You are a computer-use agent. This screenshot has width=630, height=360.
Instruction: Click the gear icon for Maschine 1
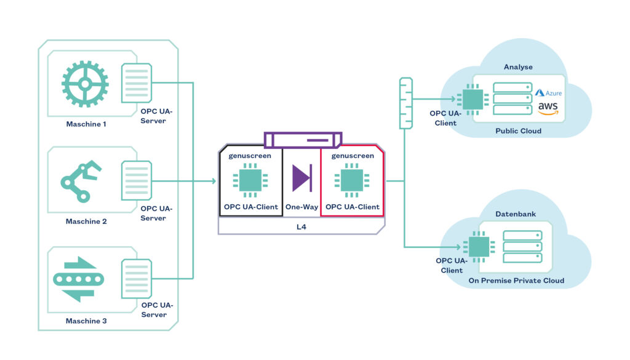[85, 84]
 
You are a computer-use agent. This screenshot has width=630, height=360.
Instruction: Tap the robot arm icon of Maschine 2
[79, 180]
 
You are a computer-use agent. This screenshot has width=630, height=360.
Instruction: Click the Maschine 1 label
[86, 124]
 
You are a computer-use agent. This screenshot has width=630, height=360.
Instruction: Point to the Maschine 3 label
[86, 321]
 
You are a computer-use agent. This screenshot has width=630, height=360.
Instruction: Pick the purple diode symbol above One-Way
[301, 178]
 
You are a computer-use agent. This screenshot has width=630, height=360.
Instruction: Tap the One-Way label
[301, 207]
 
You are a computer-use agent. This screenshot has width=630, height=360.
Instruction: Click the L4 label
[301, 228]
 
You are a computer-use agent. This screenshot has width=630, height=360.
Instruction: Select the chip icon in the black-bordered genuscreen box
[249, 181]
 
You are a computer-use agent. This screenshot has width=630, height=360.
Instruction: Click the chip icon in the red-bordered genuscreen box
[352, 181]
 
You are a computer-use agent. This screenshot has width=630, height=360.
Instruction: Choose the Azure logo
[548, 93]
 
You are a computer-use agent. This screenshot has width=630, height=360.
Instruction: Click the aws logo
[548, 108]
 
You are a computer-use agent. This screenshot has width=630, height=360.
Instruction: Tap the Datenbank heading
[516, 214]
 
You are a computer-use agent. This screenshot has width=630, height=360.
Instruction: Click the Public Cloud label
[518, 131]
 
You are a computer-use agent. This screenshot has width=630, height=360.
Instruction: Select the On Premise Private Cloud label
[516, 281]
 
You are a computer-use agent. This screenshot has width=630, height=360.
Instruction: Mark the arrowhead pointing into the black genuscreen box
[213, 181]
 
